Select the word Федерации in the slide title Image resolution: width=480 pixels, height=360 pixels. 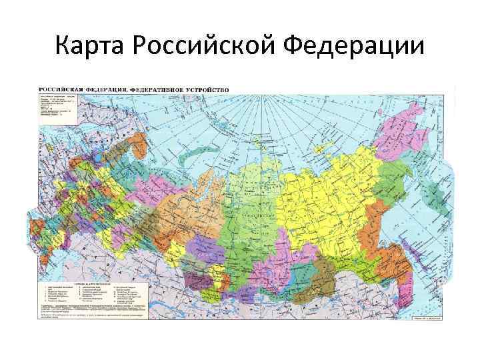click(x=353, y=47)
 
